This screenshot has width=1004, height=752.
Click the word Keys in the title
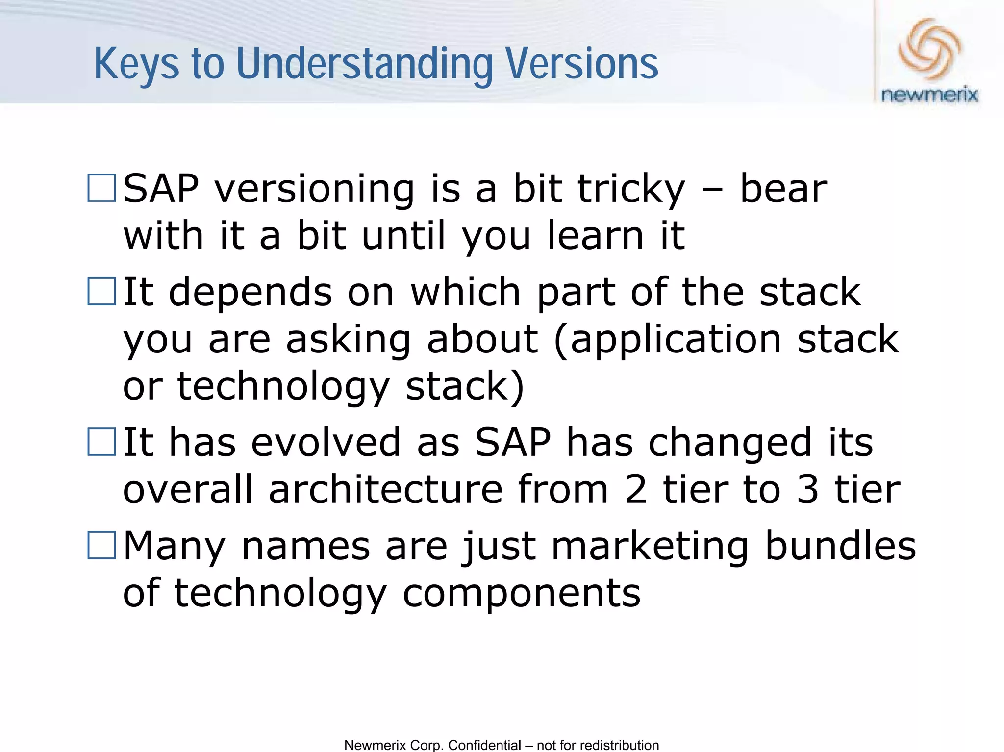[x=136, y=64]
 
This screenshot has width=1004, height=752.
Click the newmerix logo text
[x=929, y=95]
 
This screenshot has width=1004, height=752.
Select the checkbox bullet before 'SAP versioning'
[x=101, y=188]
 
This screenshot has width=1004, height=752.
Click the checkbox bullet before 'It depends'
[x=101, y=292]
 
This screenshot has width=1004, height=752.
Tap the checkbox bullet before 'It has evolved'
[x=101, y=442]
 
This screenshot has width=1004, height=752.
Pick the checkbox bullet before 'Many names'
[x=101, y=545]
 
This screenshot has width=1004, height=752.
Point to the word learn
[x=595, y=235]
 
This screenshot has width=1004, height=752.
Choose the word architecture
[x=385, y=489]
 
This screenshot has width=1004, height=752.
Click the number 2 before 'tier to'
[x=635, y=489]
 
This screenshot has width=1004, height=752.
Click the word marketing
[x=650, y=546]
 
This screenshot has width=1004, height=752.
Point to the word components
[x=521, y=593]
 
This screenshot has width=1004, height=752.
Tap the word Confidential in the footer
[x=484, y=745]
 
